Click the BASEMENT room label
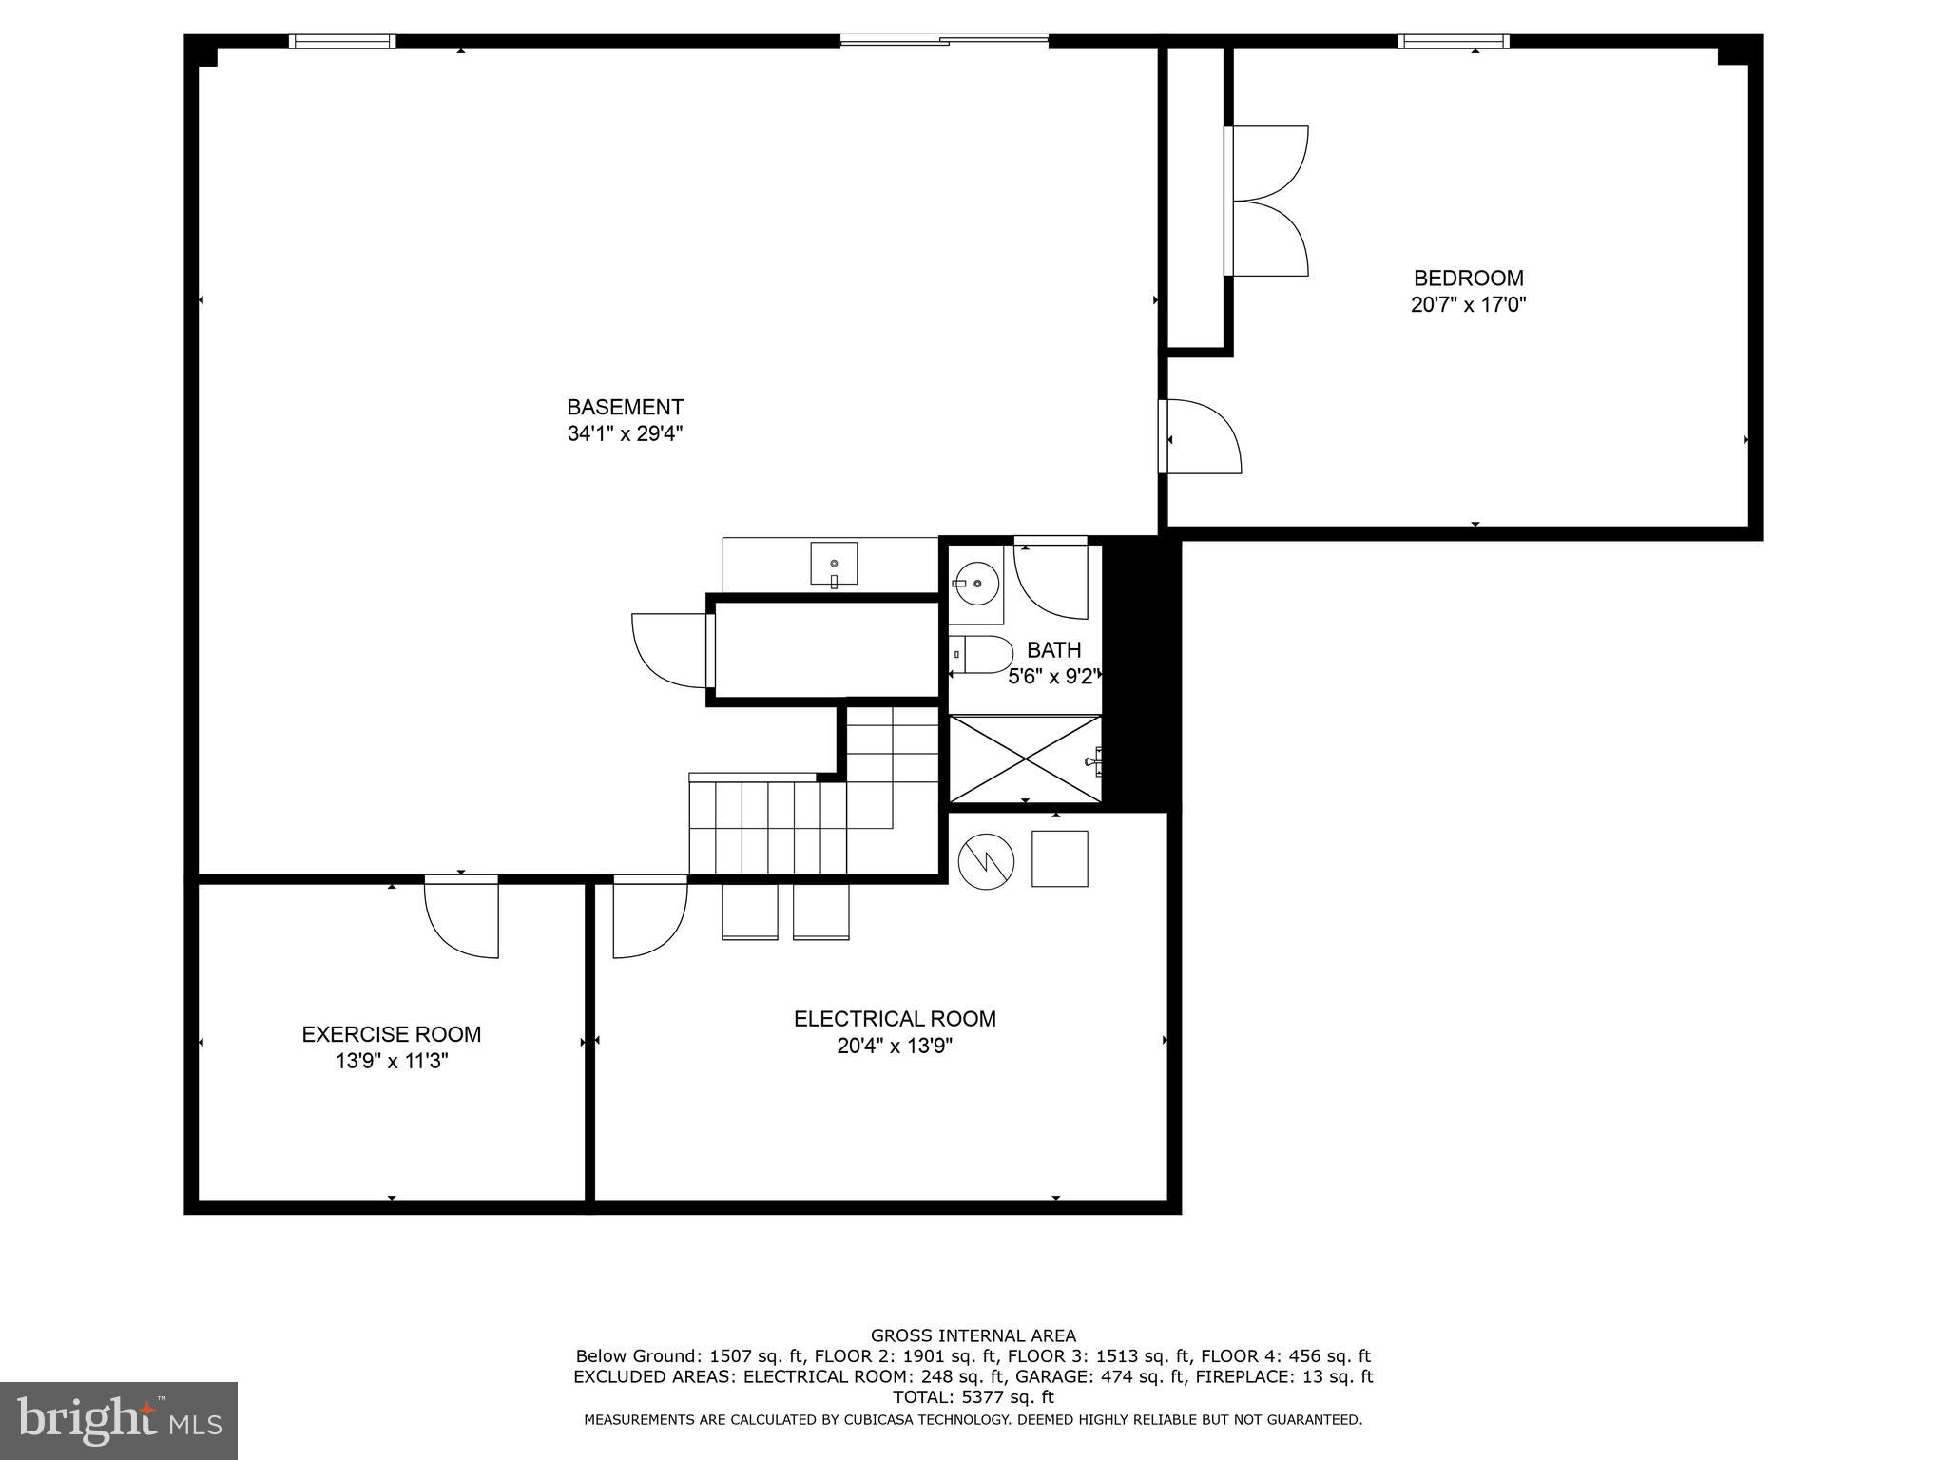tap(625, 407)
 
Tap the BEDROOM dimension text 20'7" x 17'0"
tap(1468, 305)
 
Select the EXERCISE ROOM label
tap(391, 1034)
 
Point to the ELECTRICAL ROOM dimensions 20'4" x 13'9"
tap(894, 1047)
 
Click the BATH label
tap(1053, 650)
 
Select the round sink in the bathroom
tap(976, 583)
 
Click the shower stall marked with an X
tap(1025, 759)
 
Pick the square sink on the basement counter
tap(834, 564)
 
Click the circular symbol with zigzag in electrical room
tap(986, 862)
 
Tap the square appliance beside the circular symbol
tap(1059, 858)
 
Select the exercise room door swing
tap(461, 917)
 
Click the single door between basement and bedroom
tap(1200, 436)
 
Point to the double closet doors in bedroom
tap(1267, 202)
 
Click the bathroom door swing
tap(1051, 579)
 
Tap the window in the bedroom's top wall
tap(1453, 41)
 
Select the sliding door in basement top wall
tap(943, 40)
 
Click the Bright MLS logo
tap(119, 1420)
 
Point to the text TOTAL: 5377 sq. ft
tap(973, 1396)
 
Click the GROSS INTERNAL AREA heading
tap(973, 1335)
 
